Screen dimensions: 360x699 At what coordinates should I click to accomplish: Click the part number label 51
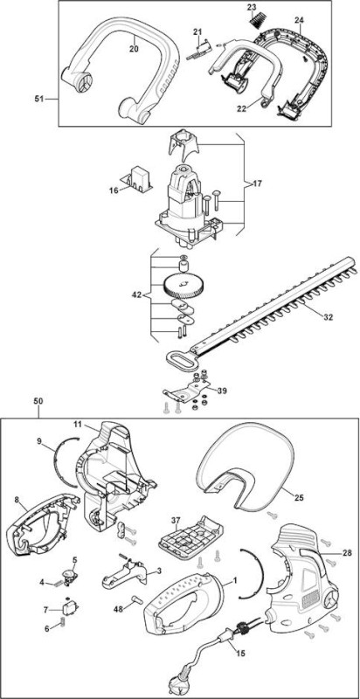click(40, 99)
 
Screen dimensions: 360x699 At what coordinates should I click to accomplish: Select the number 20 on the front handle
click(134, 49)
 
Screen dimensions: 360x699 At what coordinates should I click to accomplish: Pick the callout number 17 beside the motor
click(257, 183)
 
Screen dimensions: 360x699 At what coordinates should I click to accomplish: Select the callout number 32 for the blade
click(328, 317)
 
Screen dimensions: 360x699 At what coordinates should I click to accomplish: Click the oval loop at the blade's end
click(179, 358)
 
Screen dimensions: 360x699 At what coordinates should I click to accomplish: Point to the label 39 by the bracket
click(221, 391)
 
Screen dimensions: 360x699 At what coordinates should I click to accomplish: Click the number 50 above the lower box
click(38, 401)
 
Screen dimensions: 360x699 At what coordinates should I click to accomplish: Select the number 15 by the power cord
click(240, 654)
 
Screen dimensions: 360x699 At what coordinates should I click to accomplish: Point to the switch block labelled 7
click(69, 606)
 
